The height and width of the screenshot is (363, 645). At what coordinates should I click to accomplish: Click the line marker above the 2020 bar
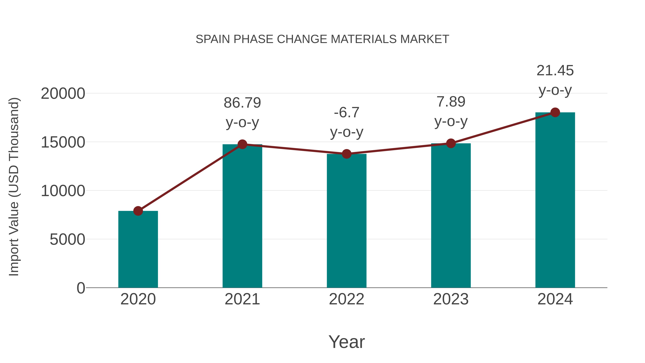138,211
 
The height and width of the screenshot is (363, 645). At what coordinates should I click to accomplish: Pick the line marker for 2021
242,144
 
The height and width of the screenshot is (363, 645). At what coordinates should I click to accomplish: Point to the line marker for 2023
451,143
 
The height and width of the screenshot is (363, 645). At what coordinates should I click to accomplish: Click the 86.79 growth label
242,103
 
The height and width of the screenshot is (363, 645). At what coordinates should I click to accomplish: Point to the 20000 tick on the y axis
63,94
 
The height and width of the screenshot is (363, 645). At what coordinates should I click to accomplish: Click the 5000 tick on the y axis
67,239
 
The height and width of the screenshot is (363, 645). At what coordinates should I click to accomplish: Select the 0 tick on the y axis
81,288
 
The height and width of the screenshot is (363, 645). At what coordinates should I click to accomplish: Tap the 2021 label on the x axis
242,299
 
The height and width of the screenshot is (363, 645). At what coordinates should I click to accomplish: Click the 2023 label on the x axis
451,299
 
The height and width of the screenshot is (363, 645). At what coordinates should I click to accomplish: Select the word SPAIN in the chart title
212,39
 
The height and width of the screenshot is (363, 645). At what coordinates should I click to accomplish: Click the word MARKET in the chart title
424,39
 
